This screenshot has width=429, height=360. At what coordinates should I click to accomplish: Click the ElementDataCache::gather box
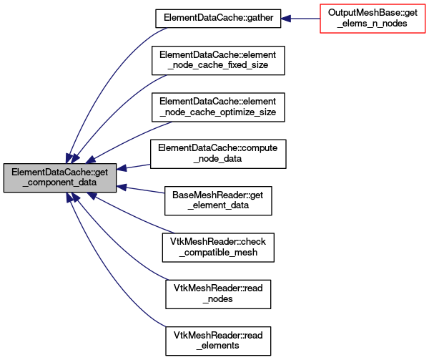click(x=218, y=19)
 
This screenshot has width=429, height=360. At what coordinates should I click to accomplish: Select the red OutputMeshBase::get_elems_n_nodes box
click(x=373, y=19)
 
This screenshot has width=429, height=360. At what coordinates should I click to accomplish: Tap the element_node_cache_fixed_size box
click(x=218, y=61)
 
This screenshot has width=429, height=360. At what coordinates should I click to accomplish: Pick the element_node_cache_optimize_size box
click(x=218, y=107)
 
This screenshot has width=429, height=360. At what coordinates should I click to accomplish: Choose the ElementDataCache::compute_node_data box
click(x=218, y=154)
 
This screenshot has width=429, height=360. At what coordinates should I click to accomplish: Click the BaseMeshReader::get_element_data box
click(x=218, y=200)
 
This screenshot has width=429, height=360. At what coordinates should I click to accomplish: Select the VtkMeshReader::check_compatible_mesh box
click(x=218, y=248)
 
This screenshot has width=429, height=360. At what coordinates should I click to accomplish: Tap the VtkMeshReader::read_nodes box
click(x=218, y=294)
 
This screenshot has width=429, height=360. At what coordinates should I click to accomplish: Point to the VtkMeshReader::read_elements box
click(x=218, y=341)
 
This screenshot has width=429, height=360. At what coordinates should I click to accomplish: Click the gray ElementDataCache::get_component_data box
click(x=60, y=177)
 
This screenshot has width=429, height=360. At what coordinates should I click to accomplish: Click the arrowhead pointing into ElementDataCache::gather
click(x=285, y=19)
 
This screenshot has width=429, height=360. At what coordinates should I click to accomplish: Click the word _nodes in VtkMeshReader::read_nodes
click(x=218, y=298)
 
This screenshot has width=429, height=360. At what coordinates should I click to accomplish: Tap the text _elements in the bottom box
click(x=218, y=346)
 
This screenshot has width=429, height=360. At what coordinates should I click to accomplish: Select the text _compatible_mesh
click(x=218, y=252)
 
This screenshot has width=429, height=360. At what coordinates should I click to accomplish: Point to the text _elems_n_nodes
click(x=372, y=24)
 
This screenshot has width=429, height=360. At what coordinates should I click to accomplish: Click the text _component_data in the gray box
click(x=59, y=183)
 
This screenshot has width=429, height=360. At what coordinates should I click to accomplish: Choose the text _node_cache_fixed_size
click(x=218, y=65)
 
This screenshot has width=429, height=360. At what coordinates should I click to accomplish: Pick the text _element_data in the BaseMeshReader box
click(x=218, y=205)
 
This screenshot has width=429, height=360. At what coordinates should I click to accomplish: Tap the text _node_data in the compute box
click(x=217, y=158)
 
